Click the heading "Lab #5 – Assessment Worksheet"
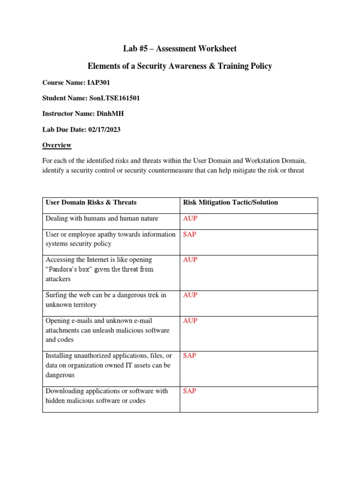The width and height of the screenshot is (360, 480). tap(180, 49)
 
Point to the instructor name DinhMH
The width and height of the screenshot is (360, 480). tap(113, 113)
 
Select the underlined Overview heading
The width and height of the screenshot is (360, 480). tap(57, 145)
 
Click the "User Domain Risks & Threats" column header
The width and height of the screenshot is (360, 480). tap(91, 202)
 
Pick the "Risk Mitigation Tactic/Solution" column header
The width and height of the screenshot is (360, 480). tap(230, 202)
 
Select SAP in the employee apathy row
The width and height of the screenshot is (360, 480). tap(189, 234)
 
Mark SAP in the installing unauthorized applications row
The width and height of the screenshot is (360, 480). tap(189, 356)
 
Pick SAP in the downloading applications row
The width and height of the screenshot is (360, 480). tap(189, 391)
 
